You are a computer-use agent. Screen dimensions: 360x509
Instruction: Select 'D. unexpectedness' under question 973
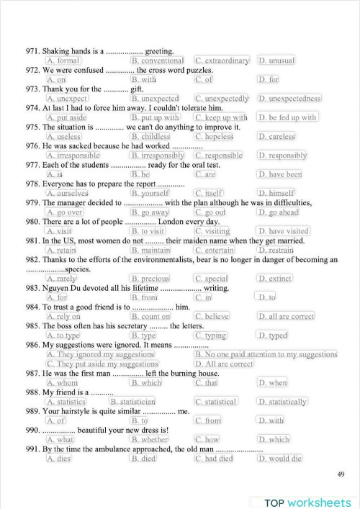tap(289, 99)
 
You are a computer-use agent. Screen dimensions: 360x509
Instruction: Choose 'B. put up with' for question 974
tap(156, 117)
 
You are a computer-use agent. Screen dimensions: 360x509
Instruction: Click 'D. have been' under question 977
tap(280, 174)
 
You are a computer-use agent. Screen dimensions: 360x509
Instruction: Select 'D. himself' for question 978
tap(276, 193)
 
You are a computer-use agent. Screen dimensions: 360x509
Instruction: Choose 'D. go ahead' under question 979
tap(277, 212)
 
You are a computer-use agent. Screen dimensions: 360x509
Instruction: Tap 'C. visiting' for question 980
tap(212, 231)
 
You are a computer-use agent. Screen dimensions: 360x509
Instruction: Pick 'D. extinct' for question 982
tap(275, 279)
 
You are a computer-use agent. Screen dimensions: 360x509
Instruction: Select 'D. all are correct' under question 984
tap(286, 316)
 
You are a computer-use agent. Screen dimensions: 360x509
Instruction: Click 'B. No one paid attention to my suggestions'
tap(265, 354)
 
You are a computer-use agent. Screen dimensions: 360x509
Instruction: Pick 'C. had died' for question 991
tap(214, 459)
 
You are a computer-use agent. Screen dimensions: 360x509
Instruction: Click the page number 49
tap(341, 473)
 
